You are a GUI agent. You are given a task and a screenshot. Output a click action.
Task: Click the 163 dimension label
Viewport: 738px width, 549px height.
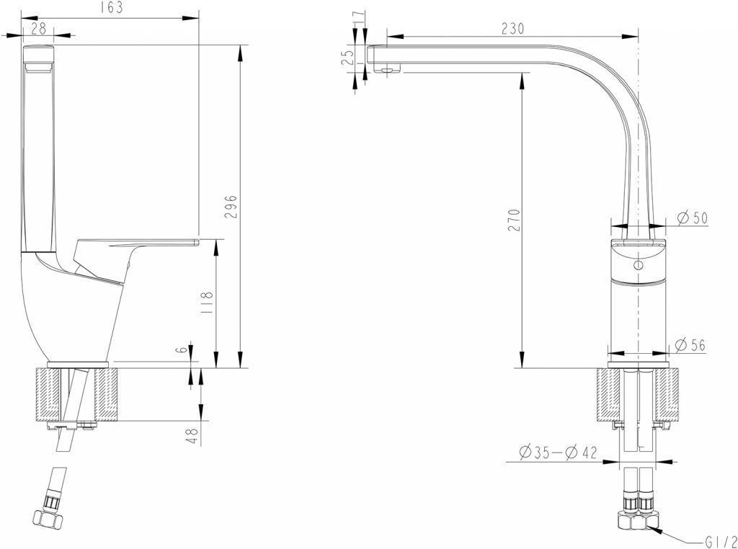click(x=112, y=7)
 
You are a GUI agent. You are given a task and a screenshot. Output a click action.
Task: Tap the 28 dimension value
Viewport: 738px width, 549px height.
click(x=38, y=29)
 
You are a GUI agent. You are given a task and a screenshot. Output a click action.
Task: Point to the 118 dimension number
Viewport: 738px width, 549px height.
click(x=207, y=303)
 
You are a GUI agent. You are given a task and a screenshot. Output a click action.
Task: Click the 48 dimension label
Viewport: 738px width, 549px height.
click(x=192, y=436)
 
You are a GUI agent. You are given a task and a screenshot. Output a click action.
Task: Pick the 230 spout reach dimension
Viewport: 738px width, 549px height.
click(x=512, y=29)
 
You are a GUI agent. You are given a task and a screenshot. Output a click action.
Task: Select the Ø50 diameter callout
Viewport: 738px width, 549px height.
click(x=692, y=218)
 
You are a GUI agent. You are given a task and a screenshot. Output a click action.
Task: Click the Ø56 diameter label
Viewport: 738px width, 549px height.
click(x=690, y=345)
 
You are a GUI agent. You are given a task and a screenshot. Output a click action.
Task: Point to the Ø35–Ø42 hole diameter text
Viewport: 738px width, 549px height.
click(x=559, y=452)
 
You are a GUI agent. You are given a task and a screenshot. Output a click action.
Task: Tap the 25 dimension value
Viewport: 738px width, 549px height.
click(x=348, y=58)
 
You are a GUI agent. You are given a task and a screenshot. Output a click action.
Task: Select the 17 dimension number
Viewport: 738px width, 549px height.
click(x=359, y=17)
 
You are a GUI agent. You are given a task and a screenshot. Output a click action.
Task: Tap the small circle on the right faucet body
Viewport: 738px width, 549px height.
click(x=639, y=265)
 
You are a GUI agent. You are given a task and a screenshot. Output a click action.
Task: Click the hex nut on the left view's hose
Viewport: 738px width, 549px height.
click(x=48, y=519)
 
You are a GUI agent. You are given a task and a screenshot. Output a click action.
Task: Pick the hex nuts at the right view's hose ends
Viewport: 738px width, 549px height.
click(x=639, y=520)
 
